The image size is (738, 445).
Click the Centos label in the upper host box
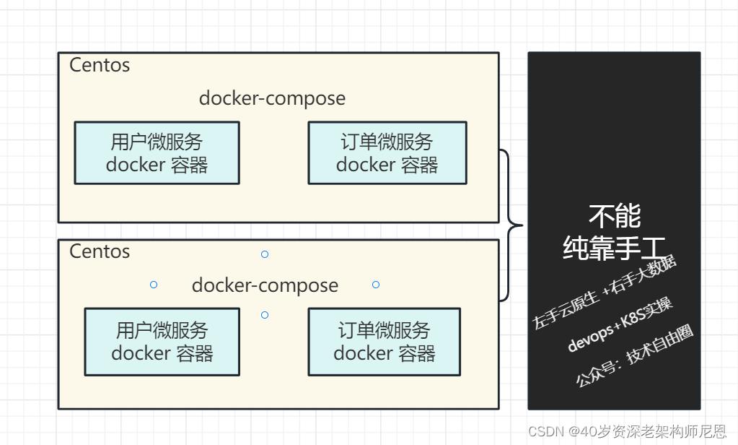coord(100,65)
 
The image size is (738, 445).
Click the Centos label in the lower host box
coord(100,251)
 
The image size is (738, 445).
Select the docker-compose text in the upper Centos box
coord(272,98)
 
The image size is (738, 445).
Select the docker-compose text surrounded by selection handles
coord(265,285)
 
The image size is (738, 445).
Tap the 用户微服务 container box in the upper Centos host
coord(157,153)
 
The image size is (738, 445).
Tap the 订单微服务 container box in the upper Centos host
coord(387,153)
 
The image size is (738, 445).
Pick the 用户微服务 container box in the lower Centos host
coord(162,342)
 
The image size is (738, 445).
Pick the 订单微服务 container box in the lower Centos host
coord(384,342)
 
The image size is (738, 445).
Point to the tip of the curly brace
coord(522,225)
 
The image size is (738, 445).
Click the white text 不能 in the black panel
coord(615,215)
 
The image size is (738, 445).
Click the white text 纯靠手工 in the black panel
coord(615,248)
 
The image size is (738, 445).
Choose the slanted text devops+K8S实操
coord(620,324)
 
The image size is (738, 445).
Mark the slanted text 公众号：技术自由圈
coord(634,355)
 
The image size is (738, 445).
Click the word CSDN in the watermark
coord(545,431)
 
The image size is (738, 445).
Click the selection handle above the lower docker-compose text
coord(265,254)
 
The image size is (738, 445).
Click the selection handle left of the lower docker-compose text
coord(154,285)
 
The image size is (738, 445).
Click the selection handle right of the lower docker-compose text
coord(376,285)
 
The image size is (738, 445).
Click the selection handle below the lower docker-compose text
coord(265,315)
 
